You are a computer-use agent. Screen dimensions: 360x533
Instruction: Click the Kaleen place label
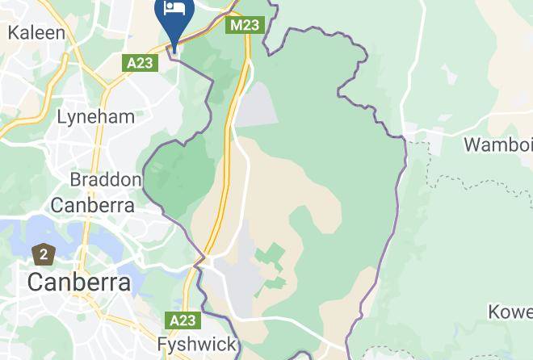[36, 33]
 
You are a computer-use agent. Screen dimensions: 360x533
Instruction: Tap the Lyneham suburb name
[95, 116]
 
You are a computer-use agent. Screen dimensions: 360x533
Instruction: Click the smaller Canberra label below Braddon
[92, 204]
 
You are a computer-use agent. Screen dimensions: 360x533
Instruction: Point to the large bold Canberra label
[78, 283]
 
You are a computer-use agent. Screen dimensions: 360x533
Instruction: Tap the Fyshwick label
[197, 345]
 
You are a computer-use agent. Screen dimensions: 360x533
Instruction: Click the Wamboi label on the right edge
[497, 145]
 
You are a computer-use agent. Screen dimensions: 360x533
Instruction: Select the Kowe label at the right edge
[510, 312]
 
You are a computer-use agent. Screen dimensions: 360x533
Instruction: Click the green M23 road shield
[244, 25]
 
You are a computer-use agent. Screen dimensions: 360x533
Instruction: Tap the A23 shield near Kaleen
[139, 62]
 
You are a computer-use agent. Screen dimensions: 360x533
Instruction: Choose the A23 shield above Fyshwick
[182, 320]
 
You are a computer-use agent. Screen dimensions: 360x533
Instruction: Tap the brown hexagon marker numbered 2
[43, 255]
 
